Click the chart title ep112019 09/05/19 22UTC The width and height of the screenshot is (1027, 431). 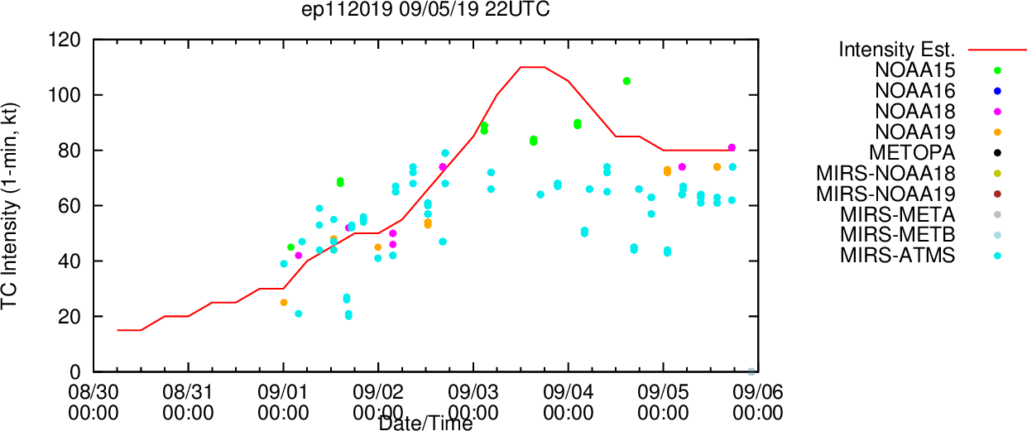425,10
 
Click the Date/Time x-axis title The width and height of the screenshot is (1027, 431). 425,424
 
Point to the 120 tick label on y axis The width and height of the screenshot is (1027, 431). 65,40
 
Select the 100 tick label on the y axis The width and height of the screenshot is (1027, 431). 65,95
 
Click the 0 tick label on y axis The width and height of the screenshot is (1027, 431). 75,372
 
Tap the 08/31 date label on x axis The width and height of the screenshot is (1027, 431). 188,392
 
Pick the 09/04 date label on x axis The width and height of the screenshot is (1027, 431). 569,392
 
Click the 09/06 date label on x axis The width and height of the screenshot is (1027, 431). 758,392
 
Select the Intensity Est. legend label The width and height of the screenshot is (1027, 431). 897,50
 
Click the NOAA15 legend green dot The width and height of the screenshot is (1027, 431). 997,70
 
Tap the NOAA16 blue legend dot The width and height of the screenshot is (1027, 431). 997,91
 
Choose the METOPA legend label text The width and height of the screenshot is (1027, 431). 912,153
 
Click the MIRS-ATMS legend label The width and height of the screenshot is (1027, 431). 898,256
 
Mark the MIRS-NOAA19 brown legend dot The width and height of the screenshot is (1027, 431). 997,194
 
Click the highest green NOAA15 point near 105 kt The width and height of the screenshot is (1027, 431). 626,81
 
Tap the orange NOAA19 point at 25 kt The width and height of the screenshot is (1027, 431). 284,303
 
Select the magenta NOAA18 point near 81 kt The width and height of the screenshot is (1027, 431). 732,147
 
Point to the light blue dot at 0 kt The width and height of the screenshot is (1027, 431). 751,371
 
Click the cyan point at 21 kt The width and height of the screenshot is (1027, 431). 299,314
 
